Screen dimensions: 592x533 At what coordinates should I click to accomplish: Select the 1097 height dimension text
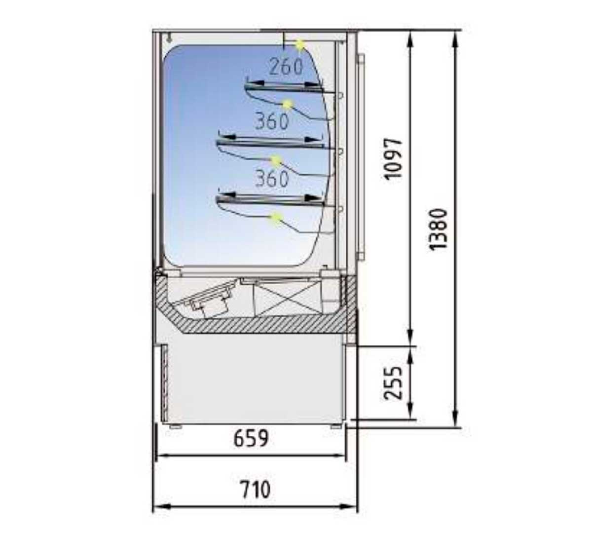(394, 158)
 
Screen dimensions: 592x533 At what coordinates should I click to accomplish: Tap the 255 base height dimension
(394, 383)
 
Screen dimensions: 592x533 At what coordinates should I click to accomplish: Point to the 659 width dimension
(251, 438)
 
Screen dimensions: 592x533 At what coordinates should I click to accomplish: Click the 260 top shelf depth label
(286, 67)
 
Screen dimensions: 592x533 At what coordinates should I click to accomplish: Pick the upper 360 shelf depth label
(271, 121)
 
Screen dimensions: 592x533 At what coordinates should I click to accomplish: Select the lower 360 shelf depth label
(271, 178)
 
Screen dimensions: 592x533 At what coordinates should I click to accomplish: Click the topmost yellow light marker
(300, 45)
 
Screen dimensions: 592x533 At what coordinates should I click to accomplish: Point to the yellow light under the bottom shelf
(276, 218)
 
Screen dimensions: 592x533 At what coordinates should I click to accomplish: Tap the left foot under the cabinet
(176, 426)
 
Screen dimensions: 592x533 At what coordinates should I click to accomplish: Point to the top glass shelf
(284, 88)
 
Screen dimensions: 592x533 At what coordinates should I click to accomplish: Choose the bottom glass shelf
(270, 202)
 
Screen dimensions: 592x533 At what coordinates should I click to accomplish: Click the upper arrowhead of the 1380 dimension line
(456, 38)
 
